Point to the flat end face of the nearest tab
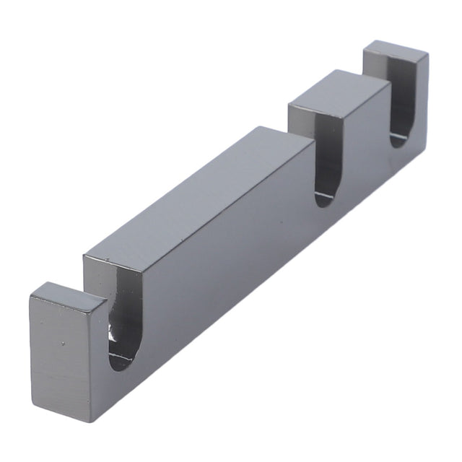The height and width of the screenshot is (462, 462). click(61, 361)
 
